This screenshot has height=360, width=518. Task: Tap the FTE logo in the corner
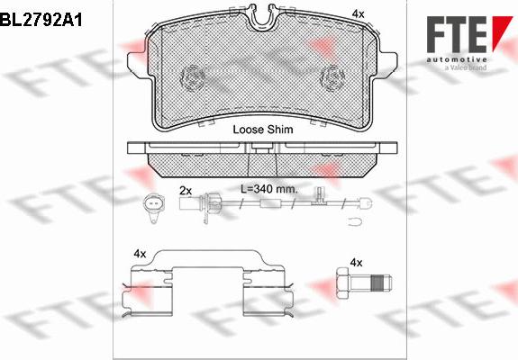(x=459, y=27)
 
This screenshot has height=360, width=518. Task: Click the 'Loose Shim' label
(x=263, y=130)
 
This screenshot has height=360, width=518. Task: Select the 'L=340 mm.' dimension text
(x=268, y=190)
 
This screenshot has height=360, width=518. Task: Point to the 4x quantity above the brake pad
(x=358, y=14)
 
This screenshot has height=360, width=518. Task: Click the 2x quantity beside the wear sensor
(x=186, y=191)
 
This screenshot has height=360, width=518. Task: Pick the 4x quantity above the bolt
(x=356, y=262)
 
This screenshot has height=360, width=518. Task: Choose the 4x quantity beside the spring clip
(x=140, y=255)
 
